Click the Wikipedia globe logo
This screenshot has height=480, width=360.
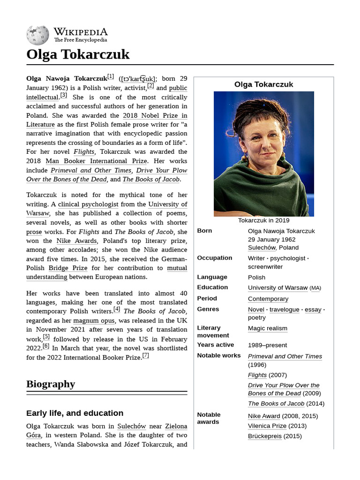pos(37,36)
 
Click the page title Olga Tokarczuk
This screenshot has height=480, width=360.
pos(78,54)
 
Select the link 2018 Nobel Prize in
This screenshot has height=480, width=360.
pos(155,115)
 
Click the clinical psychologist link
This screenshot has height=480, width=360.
pos(88,204)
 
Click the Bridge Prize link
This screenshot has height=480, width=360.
pos(67,268)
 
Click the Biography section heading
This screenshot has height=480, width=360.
pos(51,384)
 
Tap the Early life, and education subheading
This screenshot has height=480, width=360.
pos(75,413)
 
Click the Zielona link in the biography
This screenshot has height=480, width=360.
pos(176,426)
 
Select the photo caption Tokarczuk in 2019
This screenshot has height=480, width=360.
pos(263,220)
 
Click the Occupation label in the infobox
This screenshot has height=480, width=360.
pos(214,258)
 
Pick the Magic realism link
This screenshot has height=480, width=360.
pos(267,328)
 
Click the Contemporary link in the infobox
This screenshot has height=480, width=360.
pos(268,299)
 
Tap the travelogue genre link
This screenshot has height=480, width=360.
pos(284,309)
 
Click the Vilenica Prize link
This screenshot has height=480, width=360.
pos(267,426)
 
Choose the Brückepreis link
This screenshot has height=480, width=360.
pos(264,436)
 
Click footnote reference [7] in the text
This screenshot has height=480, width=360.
pos(146,355)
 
